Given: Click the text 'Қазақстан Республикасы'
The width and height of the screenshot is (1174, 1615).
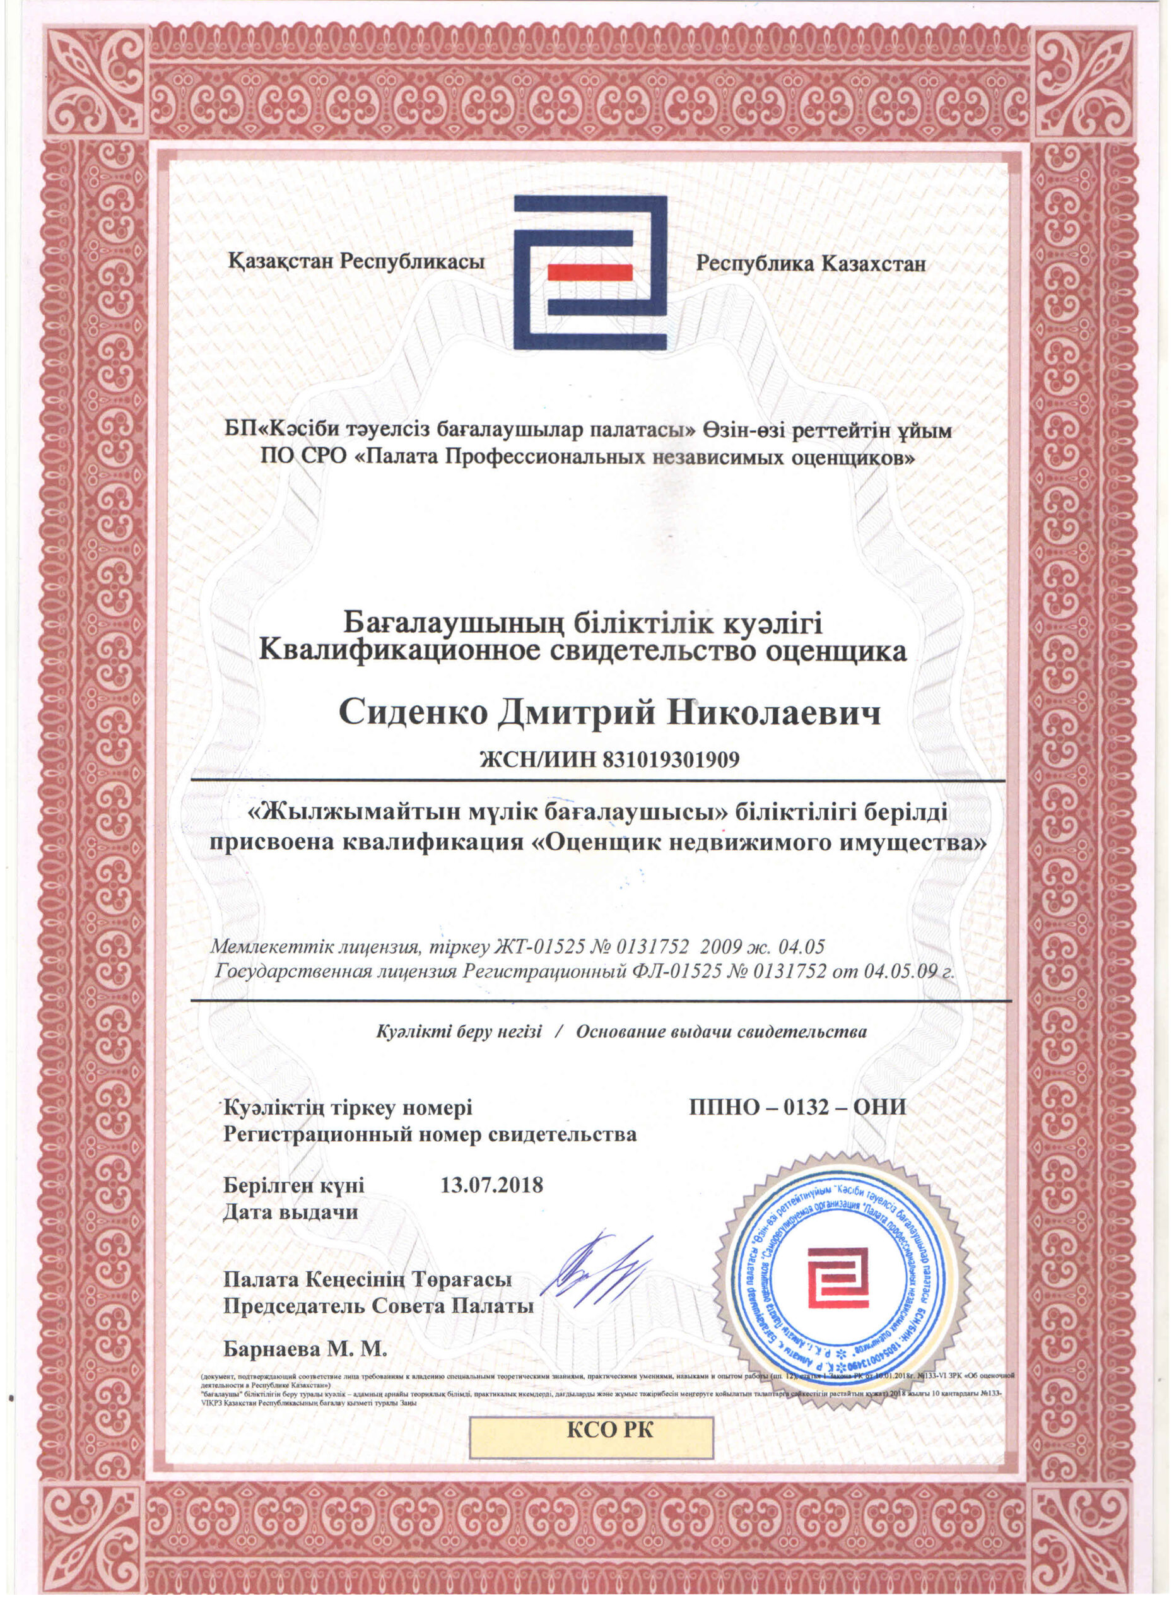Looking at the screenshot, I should [356, 261].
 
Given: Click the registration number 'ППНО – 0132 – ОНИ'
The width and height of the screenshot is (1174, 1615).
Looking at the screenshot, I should [797, 1107].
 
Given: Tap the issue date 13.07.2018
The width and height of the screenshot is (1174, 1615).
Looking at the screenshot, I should [492, 1185].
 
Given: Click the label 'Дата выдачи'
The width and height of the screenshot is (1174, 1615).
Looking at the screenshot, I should [290, 1212].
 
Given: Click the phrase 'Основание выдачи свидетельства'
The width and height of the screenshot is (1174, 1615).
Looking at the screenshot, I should [721, 1031].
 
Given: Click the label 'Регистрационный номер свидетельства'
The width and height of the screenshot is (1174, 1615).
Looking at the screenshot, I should [430, 1134].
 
